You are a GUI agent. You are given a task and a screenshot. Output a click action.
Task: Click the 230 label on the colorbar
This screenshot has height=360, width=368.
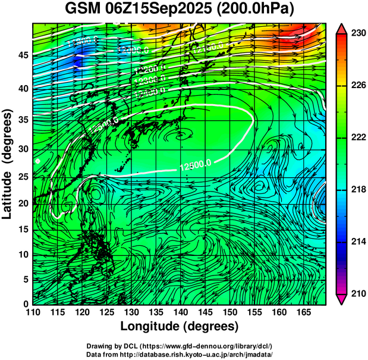tap(358, 34)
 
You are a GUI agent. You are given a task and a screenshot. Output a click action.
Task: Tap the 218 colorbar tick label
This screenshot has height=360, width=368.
tap(358, 189)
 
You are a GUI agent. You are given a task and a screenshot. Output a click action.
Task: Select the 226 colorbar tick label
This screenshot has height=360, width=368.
tap(358, 86)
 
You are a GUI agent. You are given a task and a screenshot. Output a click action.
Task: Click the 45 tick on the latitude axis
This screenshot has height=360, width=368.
tap(21, 55)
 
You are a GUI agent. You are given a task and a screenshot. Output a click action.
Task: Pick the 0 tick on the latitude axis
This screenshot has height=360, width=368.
tap(24, 304)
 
